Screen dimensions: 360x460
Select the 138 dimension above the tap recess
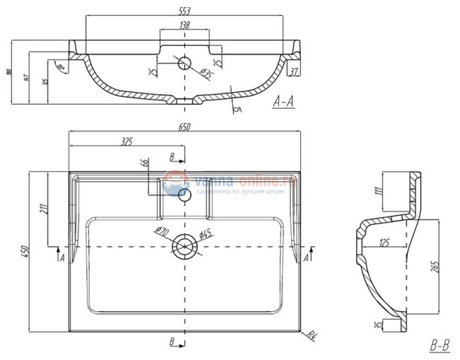[x=184, y=25]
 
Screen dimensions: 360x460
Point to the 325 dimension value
[x=127, y=142]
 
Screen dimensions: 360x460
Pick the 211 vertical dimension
[x=42, y=209]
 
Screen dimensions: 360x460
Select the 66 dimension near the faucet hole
[x=144, y=165]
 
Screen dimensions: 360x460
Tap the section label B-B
[x=439, y=346]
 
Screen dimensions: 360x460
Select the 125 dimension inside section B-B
[x=385, y=244]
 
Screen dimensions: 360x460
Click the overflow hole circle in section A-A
[x=184, y=62]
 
